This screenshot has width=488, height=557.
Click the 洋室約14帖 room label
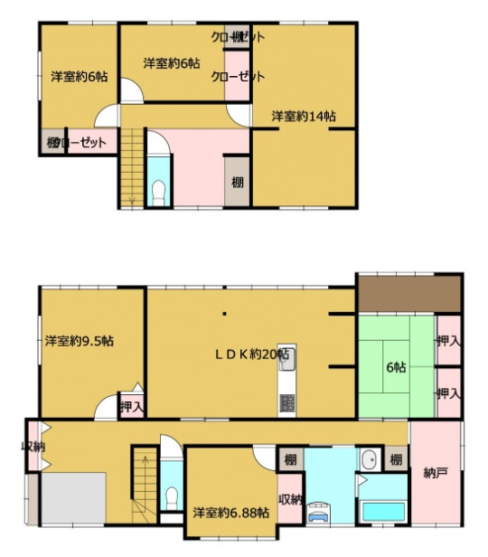pyautogui.click(x=305, y=116)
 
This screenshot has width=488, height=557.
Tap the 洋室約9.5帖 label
pyautogui.click(x=80, y=341)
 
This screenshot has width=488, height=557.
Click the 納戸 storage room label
pyautogui.click(x=436, y=473)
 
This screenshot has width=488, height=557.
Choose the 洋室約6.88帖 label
pyautogui.click(x=230, y=513)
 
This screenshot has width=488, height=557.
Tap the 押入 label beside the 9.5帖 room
pyautogui.click(x=132, y=408)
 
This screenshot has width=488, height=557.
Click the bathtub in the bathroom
pyautogui.click(x=384, y=512)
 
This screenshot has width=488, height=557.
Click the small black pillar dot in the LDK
pyautogui.click(x=225, y=316)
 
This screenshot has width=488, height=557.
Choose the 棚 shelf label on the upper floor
pyautogui.click(x=237, y=182)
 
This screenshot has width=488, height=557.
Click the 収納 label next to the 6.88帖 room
pyautogui.click(x=289, y=500)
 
